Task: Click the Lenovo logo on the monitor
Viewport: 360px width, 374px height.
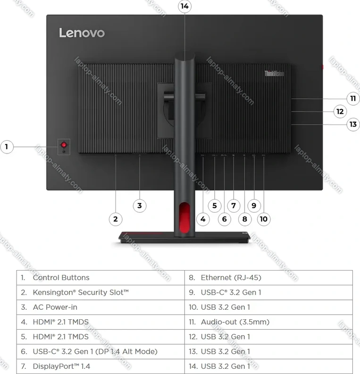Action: pos(82,33)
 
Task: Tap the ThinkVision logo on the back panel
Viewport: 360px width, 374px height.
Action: pos(274,74)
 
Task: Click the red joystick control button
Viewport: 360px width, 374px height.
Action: pos(64,145)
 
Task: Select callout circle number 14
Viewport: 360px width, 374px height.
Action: pos(184,7)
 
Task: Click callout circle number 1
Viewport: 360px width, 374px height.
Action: pos(7,147)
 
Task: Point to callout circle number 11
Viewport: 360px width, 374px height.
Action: pos(353,99)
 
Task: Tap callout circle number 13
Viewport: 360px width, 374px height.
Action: pos(353,124)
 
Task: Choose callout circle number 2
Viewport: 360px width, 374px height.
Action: pos(116,219)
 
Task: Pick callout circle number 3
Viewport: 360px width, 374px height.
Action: pos(140,205)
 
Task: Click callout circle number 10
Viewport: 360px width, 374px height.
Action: pos(264,219)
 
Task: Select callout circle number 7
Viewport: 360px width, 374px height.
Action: pos(234,205)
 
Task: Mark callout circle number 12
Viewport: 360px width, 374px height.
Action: pos(340,111)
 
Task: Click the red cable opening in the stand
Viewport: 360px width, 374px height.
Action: pos(184,218)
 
